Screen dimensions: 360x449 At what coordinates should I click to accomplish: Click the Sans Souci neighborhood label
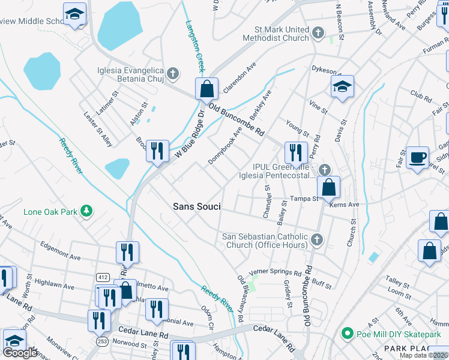tap(197, 206)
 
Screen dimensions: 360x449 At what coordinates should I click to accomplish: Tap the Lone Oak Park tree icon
tap(88, 211)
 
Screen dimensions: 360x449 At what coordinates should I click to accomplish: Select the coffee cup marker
tap(417, 158)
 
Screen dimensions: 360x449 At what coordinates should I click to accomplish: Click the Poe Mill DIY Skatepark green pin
tap(346, 334)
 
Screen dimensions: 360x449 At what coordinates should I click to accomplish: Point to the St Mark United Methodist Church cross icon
tap(318, 33)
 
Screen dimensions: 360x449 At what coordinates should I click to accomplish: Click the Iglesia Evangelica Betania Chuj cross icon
tap(173, 74)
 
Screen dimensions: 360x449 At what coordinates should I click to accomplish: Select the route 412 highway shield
tap(101, 277)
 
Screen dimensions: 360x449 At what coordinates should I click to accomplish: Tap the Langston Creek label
tap(196, 46)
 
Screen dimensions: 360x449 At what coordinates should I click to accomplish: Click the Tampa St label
tap(303, 199)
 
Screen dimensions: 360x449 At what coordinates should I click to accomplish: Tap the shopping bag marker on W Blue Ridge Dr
tap(206, 89)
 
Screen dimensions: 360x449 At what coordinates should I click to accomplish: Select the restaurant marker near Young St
tap(295, 152)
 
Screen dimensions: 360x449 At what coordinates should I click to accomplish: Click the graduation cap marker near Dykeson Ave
tap(343, 87)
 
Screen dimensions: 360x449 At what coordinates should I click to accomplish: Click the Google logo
tap(20, 353)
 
